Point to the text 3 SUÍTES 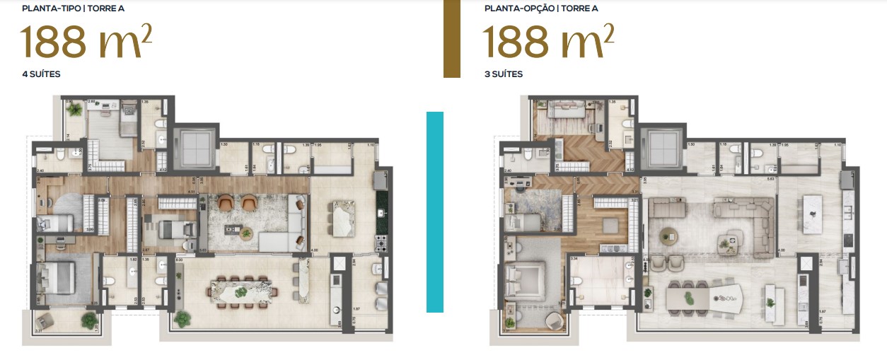tap(504, 74)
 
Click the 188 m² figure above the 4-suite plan tap(86, 42)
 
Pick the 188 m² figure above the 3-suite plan tap(548, 42)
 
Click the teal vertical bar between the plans tap(435, 211)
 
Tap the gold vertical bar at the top tap(451, 38)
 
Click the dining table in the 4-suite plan tap(242, 291)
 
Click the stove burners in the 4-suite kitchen tap(383, 243)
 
